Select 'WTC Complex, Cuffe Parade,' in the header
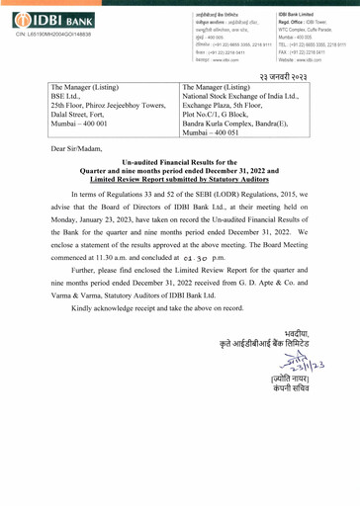[293, 31]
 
